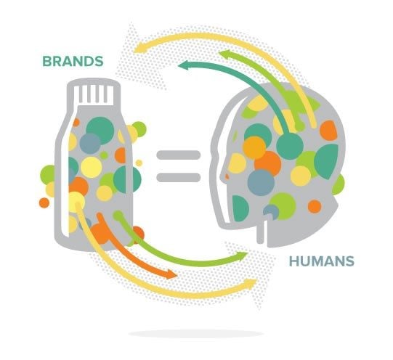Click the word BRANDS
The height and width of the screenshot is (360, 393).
click(x=73, y=62)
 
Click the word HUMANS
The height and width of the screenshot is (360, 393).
click(x=322, y=261)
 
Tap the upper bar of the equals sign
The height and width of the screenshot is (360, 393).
click(x=179, y=155)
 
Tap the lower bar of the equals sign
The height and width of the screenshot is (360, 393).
click(x=179, y=177)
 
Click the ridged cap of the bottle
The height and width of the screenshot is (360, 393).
click(x=94, y=93)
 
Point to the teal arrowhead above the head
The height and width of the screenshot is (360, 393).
click(x=185, y=66)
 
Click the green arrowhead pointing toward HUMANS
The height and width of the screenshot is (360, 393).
click(x=241, y=256)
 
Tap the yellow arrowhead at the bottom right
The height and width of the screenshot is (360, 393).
click(x=249, y=285)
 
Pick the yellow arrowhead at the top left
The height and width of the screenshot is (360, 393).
click(x=140, y=48)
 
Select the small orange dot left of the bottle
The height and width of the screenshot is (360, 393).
click(x=44, y=202)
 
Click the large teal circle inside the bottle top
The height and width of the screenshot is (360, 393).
click(x=100, y=130)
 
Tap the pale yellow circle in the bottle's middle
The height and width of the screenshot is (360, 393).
click(x=92, y=167)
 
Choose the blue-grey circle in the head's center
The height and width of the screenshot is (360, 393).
click(x=261, y=182)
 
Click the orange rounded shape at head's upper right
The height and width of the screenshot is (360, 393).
click(x=328, y=131)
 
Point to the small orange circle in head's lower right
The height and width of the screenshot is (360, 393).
click(x=315, y=206)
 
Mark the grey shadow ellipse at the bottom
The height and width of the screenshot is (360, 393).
click(x=195, y=334)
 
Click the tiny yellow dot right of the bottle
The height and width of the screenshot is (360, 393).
click(x=139, y=163)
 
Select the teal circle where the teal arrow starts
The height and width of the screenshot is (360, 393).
click(x=290, y=146)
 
